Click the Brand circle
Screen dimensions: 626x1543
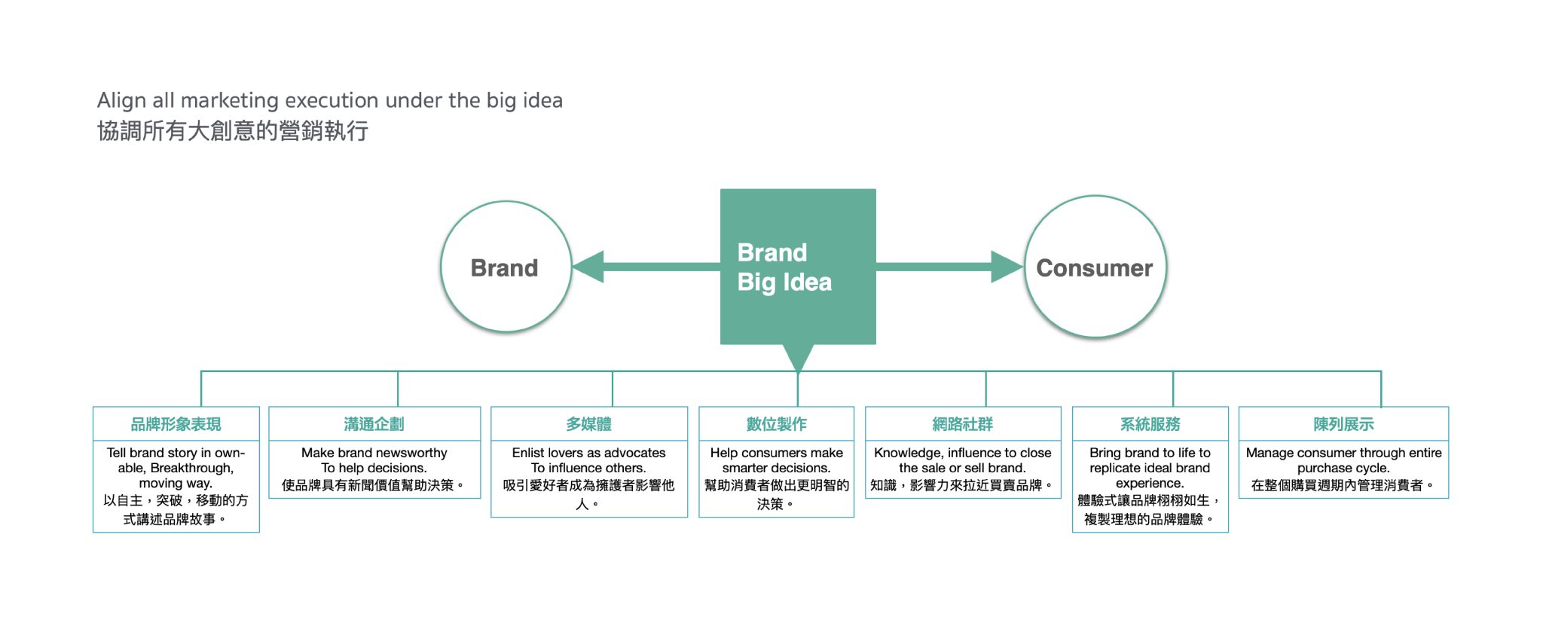[x=506, y=267]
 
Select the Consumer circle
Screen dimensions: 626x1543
[x=1095, y=267]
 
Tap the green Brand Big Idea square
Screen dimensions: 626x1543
[x=797, y=266]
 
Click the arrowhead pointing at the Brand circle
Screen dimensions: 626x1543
[x=590, y=267]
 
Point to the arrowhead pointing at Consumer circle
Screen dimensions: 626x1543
[x=1006, y=267]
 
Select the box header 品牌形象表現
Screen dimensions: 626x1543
[x=176, y=424]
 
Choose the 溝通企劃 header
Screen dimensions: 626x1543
[x=374, y=424]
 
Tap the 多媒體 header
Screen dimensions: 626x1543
[x=588, y=424]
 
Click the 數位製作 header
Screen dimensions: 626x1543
[x=776, y=424]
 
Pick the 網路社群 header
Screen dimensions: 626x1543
[x=962, y=424]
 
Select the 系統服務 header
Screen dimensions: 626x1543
[x=1150, y=424]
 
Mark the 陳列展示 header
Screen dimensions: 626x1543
[x=1343, y=424]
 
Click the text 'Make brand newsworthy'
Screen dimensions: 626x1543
[x=374, y=453]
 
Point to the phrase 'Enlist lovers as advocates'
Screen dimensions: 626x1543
[x=588, y=453]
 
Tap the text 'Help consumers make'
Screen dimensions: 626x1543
[x=776, y=453]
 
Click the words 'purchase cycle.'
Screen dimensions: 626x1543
[x=1343, y=468]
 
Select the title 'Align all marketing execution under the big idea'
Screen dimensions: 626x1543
[x=329, y=100]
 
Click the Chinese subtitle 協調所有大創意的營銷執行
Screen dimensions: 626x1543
[x=232, y=131]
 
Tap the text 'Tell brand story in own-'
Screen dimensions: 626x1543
[x=176, y=453]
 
